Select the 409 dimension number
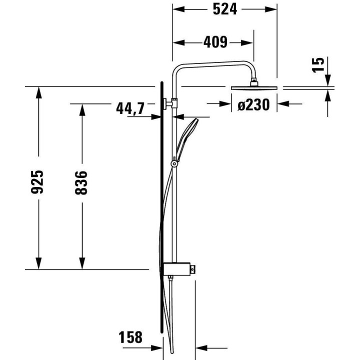(215, 42)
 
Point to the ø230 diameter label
(253, 104)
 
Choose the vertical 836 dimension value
(81, 182)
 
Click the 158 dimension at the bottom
(130, 337)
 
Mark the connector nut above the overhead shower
(255, 80)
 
